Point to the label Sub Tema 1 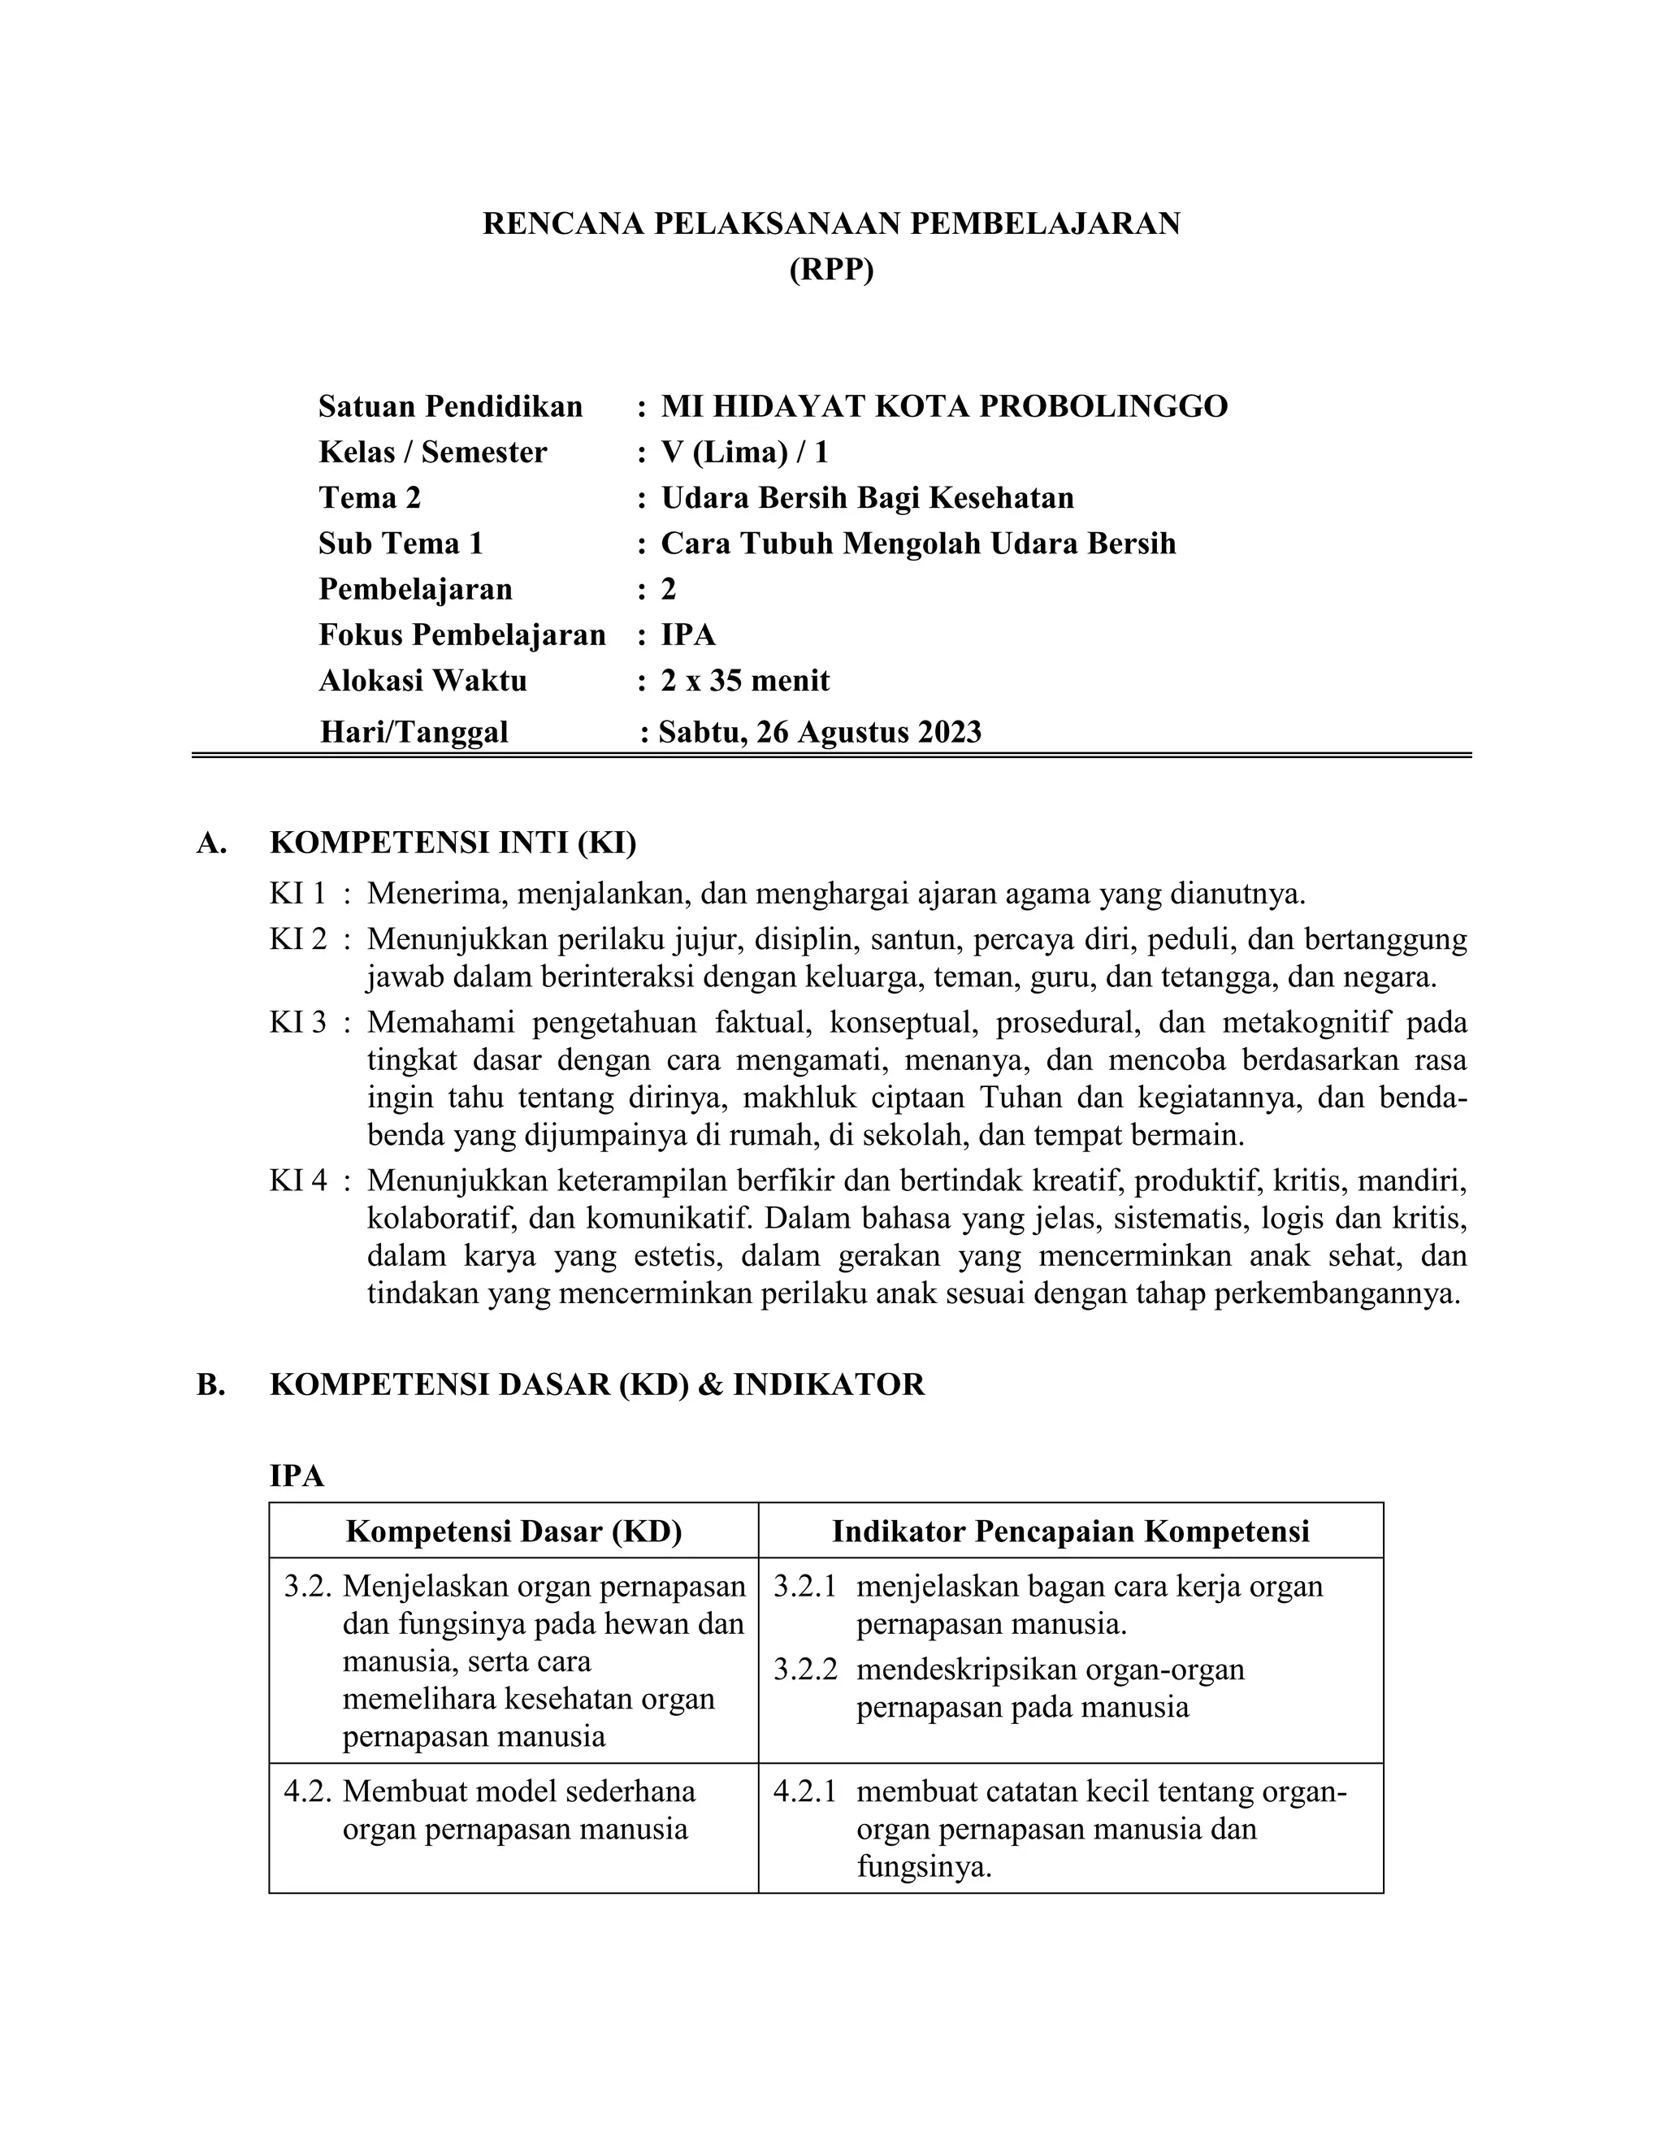pyautogui.click(x=401, y=544)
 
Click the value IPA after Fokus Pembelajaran pyautogui.click(x=688, y=635)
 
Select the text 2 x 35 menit pyautogui.click(x=744, y=680)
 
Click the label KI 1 pyautogui.click(x=297, y=895)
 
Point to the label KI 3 pyautogui.click(x=297, y=1022)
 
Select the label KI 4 pyautogui.click(x=297, y=1180)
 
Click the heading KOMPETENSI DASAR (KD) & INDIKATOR pyautogui.click(x=596, y=1385)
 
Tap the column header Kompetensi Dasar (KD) pyautogui.click(x=513, y=1531)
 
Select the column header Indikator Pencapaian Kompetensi pyautogui.click(x=1071, y=1531)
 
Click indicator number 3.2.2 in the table pyautogui.click(x=804, y=1670)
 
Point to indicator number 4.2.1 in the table pyautogui.click(x=804, y=1791)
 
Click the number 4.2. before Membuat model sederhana pyautogui.click(x=310, y=1791)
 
